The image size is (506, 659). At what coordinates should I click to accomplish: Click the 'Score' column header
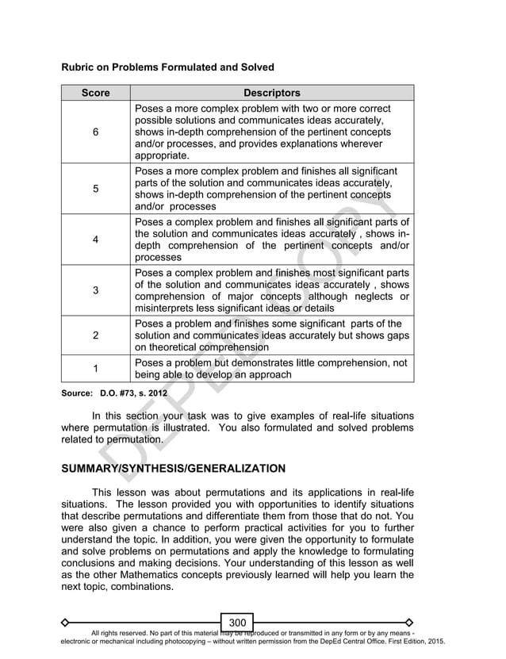point(95,93)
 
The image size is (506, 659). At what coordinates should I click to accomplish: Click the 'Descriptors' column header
point(271,93)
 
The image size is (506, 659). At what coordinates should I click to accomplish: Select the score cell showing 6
point(95,132)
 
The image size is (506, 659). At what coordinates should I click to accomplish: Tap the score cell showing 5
point(95,189)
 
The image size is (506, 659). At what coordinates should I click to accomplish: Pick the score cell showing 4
point(95,239)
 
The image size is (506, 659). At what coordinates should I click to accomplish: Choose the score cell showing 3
point(95,290)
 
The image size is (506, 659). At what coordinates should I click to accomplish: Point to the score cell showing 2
point(95,335)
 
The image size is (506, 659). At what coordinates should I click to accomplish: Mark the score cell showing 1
point(95,368)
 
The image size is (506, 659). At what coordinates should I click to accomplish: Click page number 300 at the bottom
point(237,623)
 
